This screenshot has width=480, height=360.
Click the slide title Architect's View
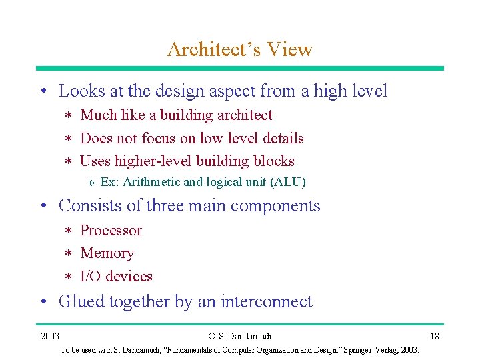click(x=240, y=49)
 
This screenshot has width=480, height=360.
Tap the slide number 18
click(x=434, y=336)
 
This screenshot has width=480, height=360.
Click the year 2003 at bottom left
click(x=49, y=336)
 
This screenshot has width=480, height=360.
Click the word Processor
click(x=111, y=231)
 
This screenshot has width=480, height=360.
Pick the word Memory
click(x=107, y=253)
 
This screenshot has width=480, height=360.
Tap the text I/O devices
click(x=116, y=276)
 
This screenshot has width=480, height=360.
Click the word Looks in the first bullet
click(x=81, y=91)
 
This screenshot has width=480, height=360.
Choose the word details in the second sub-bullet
click(x=282, y=139)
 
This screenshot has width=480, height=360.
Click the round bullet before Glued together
click(x=44, y=302)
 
